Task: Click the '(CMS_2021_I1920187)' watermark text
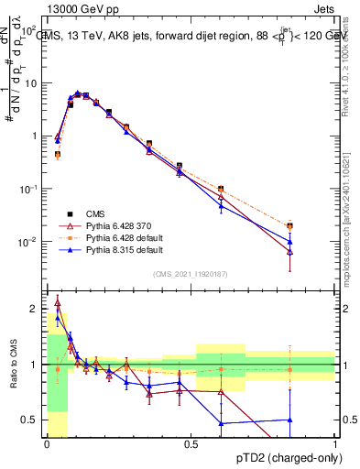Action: click(x=191, y=273)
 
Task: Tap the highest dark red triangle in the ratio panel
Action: click(x=58, y=301)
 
